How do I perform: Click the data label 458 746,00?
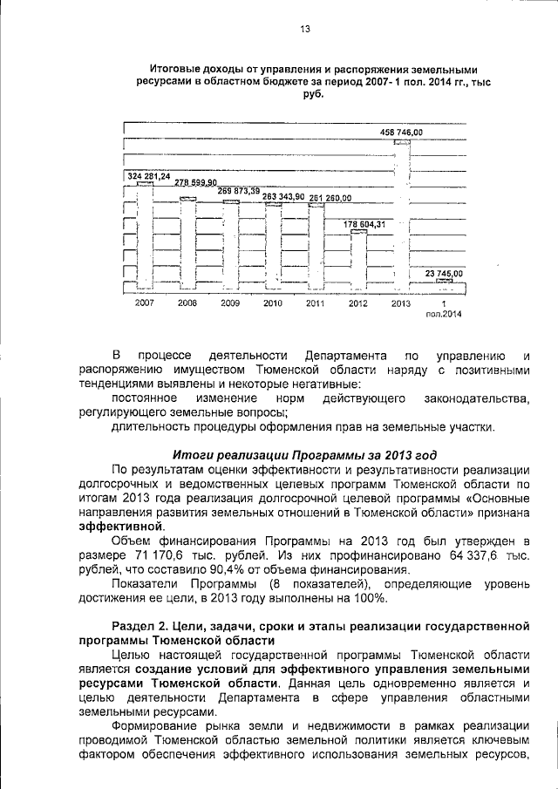click(x=401, y=132)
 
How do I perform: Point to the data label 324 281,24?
click(x=148, y=177)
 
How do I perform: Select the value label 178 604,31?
click(x=363, y=225)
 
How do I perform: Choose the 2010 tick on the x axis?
click(x=273, y=303)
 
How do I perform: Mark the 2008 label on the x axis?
click(x=187, y=303)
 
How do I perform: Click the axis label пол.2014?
click(x=444, y=314)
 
